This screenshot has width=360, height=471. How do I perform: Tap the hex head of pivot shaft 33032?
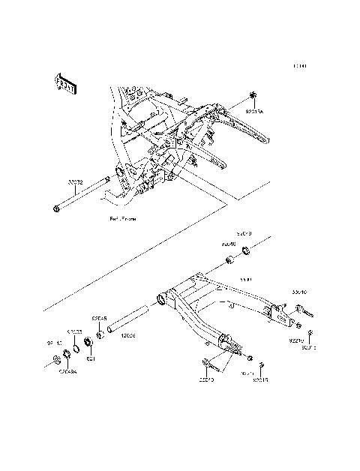pos(57,208)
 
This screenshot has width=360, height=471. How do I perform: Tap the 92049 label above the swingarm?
pos(246,232)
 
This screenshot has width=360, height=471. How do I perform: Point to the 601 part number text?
pos(90,358)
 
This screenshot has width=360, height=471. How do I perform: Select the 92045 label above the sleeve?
pos(99,317)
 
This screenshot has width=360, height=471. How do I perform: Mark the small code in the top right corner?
pos(300,66)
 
